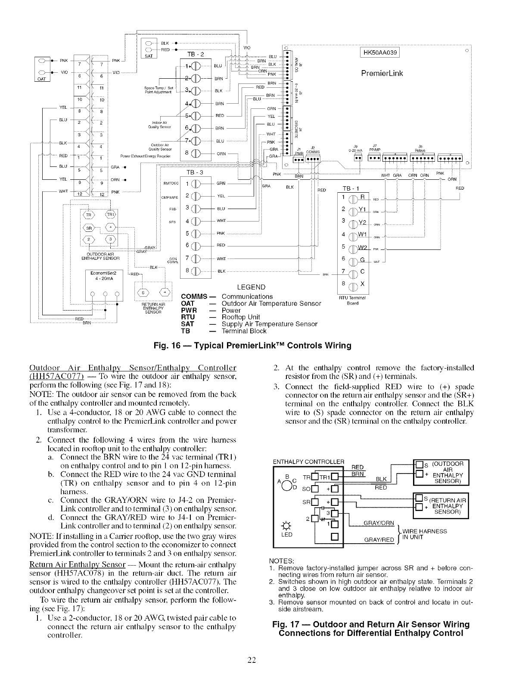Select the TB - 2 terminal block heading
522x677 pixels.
click(197, 54)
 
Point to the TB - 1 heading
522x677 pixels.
click(353, 188)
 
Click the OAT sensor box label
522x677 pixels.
click(42, 78)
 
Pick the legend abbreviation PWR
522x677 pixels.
click(189, 310)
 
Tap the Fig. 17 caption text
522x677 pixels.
click(371, 628)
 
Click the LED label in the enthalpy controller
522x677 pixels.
click(286, 535)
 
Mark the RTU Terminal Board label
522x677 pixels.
click(353, 300)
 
